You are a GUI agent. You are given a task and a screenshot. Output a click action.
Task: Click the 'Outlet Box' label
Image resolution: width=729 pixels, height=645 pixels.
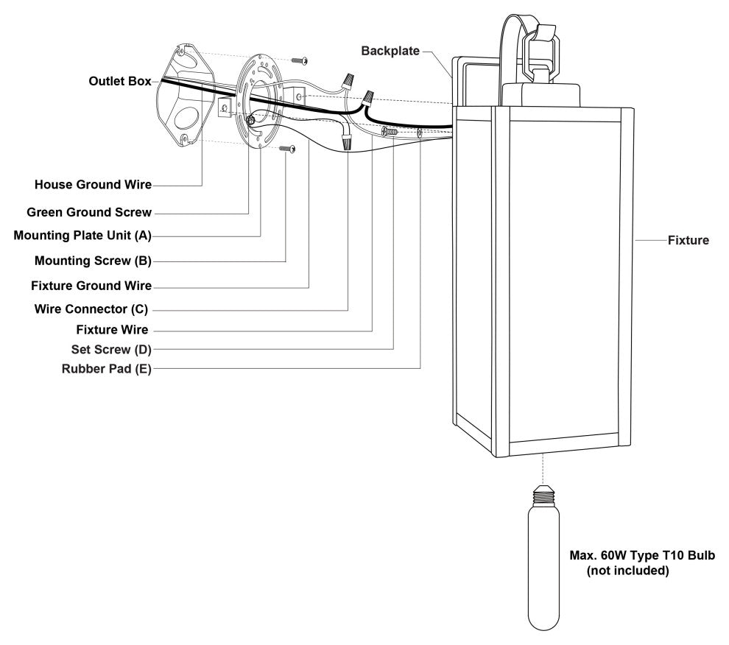point(119,81)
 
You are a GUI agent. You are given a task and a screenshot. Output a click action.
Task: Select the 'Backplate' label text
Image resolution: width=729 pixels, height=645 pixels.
point(390,51)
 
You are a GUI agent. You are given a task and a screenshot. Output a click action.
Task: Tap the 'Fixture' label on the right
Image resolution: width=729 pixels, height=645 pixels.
point(688,240)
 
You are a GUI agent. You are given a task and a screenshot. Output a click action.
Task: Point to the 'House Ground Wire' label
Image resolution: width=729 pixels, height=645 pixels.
point(93,183)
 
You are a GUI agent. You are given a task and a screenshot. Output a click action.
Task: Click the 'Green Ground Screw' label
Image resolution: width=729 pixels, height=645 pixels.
point(89,212)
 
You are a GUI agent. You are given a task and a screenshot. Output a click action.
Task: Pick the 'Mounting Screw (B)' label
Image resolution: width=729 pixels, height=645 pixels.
point(93,261)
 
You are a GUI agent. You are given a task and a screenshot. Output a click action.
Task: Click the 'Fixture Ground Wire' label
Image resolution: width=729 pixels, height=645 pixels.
point(91,285)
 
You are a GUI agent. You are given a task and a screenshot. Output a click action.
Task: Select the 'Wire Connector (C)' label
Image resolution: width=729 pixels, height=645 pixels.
point(93,309)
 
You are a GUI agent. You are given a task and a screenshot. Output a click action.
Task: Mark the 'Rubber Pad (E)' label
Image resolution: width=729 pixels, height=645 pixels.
point(106,368)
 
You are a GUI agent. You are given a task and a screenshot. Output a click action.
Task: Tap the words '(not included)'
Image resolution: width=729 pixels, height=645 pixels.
point(627,571)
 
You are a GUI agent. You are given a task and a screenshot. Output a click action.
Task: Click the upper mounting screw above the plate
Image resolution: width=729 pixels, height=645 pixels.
point(300,59)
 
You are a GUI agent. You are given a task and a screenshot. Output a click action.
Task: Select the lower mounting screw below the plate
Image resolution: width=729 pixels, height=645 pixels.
point(289,149)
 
